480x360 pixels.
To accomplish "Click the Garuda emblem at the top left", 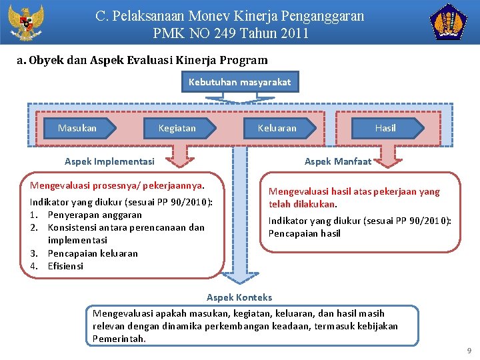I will coord(25,23).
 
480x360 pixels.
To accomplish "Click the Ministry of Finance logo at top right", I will coord(451,23).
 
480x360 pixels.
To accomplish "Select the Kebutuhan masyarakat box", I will coord(240,82).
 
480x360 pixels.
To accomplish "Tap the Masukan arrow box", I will coord(77,127).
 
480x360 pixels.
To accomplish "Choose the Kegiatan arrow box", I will coord(177,127).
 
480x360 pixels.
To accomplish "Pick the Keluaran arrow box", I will coord(277,127).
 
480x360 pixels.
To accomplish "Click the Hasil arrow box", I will coord(385,127).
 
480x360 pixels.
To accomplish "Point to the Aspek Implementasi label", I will coord(109,161).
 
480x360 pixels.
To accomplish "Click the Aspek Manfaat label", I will coord(338,161).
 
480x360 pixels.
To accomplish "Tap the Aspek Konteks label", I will coord(239,297).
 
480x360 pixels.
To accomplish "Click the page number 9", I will coord(469,351).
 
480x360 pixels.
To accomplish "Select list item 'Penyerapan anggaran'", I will coord(95,215).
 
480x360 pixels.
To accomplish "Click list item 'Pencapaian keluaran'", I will coord(93,253).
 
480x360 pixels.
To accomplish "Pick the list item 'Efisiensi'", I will coord(65,266).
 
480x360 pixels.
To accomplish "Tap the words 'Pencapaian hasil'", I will coord(305,233).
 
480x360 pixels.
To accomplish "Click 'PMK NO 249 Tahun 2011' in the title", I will coord(231,33).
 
